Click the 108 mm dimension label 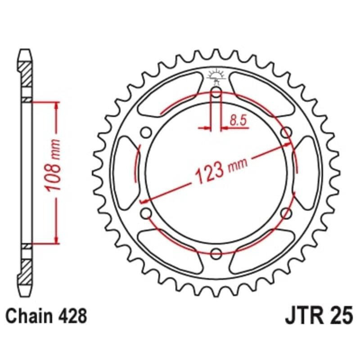pyautogui.click(x=53, y=172)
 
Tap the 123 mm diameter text pyautogui.click(x=215, y=170)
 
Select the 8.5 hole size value pyautogui.click(x=237, y=120)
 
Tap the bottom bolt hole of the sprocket pyautogui.click(x=216, y=252)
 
